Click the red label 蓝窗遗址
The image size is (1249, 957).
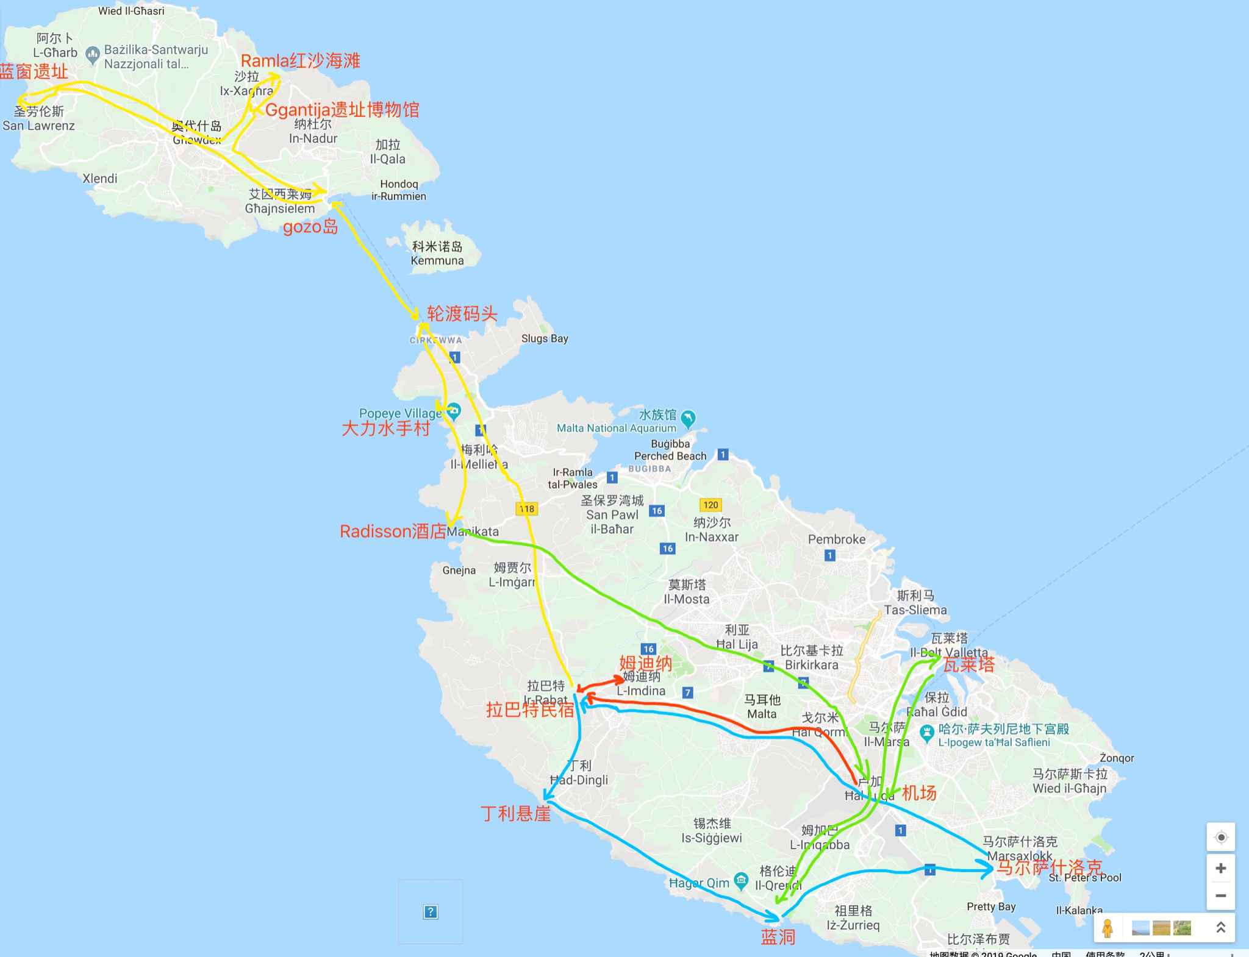pyautogui.click(x=35, y=72)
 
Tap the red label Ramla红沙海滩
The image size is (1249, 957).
pyautogui.click(x=301, y=61)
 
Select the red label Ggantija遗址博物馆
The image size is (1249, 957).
pyautogui.click(x=343, y=110)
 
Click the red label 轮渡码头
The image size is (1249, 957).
pyautogui.click(x=462, y=313)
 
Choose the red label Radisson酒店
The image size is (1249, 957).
pyautogui.click(x=393, y=532)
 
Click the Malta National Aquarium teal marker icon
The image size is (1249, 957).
pyautogui.click(x=688, y=419)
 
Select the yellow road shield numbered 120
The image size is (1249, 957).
pyautogui.click(x=710, y=505)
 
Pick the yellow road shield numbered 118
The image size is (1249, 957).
pyautogui.click(x=526, y=508)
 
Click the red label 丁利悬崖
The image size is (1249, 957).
pyautogui.click(x=515, y=814)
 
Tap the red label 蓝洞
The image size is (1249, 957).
pyautogui.click(x=778, y=937)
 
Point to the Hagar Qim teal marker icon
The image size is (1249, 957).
pyautogui.click(x=741, y=880)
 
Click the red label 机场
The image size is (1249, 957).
pyautogui.click(x=919, y=793)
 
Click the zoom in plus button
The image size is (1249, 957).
pyautogui.click(x=1220, y=868)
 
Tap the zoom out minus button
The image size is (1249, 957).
pyautogui.click(x=1220, y=895)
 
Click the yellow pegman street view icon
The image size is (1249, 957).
pyautogui.click(x=1108, y=928)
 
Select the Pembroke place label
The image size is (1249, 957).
pyautogui.click(x=837, y=539)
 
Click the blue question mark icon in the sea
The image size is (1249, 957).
pyautogui.click(x=431, y=912)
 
